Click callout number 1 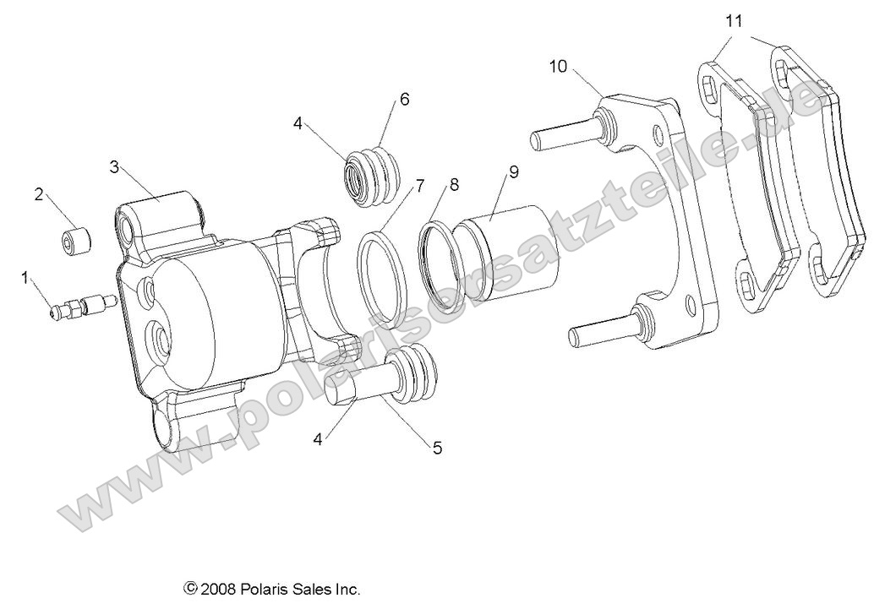tap(25, 276)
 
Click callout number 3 tap(114, 166)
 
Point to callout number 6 tap(404, 99)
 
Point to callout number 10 tap(558, 67)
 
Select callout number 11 tap(734, 21)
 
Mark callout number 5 tap(437, 449)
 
